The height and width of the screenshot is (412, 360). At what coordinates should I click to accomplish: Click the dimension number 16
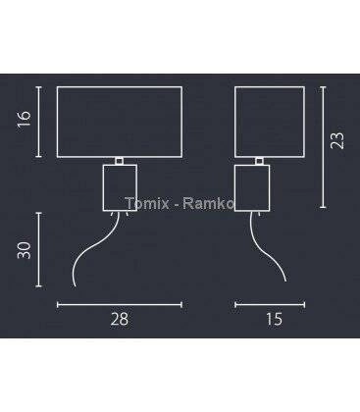click(25, 119)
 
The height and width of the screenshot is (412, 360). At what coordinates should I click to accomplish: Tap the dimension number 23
click(337, 140)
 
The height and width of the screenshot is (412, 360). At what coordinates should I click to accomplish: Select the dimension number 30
click(25, 250)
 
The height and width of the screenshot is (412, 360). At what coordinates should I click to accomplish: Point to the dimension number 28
click(120, 319)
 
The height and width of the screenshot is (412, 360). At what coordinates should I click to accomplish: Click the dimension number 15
click(274, 319)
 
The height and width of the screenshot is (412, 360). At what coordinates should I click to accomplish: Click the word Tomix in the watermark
click(147, 203)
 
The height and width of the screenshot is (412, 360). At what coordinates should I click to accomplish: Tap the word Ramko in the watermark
click(208, 203)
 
